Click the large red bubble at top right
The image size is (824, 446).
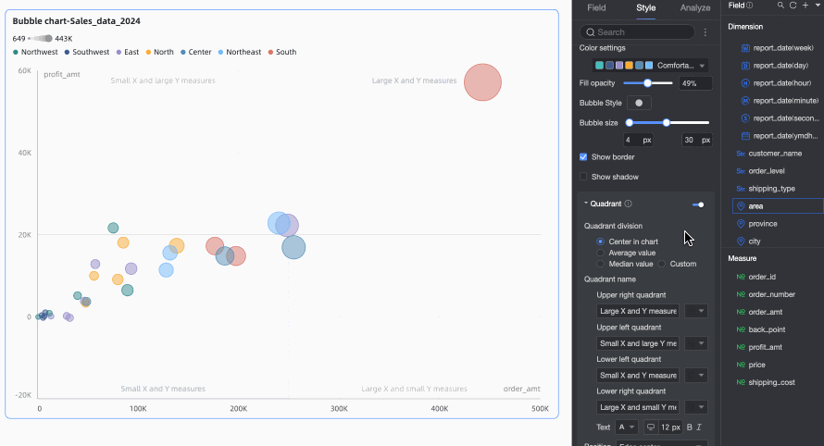pos(482,82)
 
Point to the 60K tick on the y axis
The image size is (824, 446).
pos(25,70)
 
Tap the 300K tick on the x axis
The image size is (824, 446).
pos(339,408)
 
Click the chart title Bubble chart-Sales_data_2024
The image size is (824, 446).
pos(77,20)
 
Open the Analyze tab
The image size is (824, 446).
pos(695,8)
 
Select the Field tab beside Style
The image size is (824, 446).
pos(596,8)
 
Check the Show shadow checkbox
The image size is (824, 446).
pos(583,177)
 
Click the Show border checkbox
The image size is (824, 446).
pos(583,157)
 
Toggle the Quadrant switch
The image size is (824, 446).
pos(697,204)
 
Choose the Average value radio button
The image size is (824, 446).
pos(601,253)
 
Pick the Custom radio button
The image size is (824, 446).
pos(662,264)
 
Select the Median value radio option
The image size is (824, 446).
pos(601,264)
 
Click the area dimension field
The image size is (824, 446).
pos(755,206)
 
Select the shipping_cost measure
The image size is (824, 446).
pos(771,382)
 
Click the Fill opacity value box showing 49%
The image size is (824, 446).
pos(695,83)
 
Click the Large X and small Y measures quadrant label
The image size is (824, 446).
pos(414,389)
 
